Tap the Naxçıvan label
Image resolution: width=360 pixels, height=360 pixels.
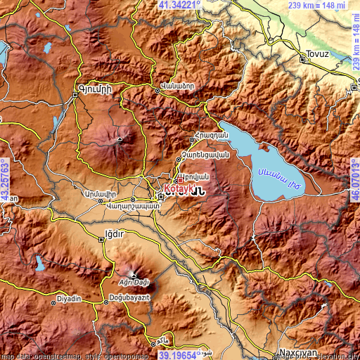coord(298,349)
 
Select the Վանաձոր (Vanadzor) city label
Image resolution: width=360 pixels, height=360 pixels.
coord(174,86)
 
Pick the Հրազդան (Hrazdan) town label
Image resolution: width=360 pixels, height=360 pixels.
coord(210,134)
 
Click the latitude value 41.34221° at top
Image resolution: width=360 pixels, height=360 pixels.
coord(179,5)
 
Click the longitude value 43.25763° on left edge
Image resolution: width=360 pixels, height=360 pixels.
coord(5,179)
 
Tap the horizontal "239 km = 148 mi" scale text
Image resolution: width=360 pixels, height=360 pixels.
coord(316,6)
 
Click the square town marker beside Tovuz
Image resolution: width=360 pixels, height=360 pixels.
coord(303,60)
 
